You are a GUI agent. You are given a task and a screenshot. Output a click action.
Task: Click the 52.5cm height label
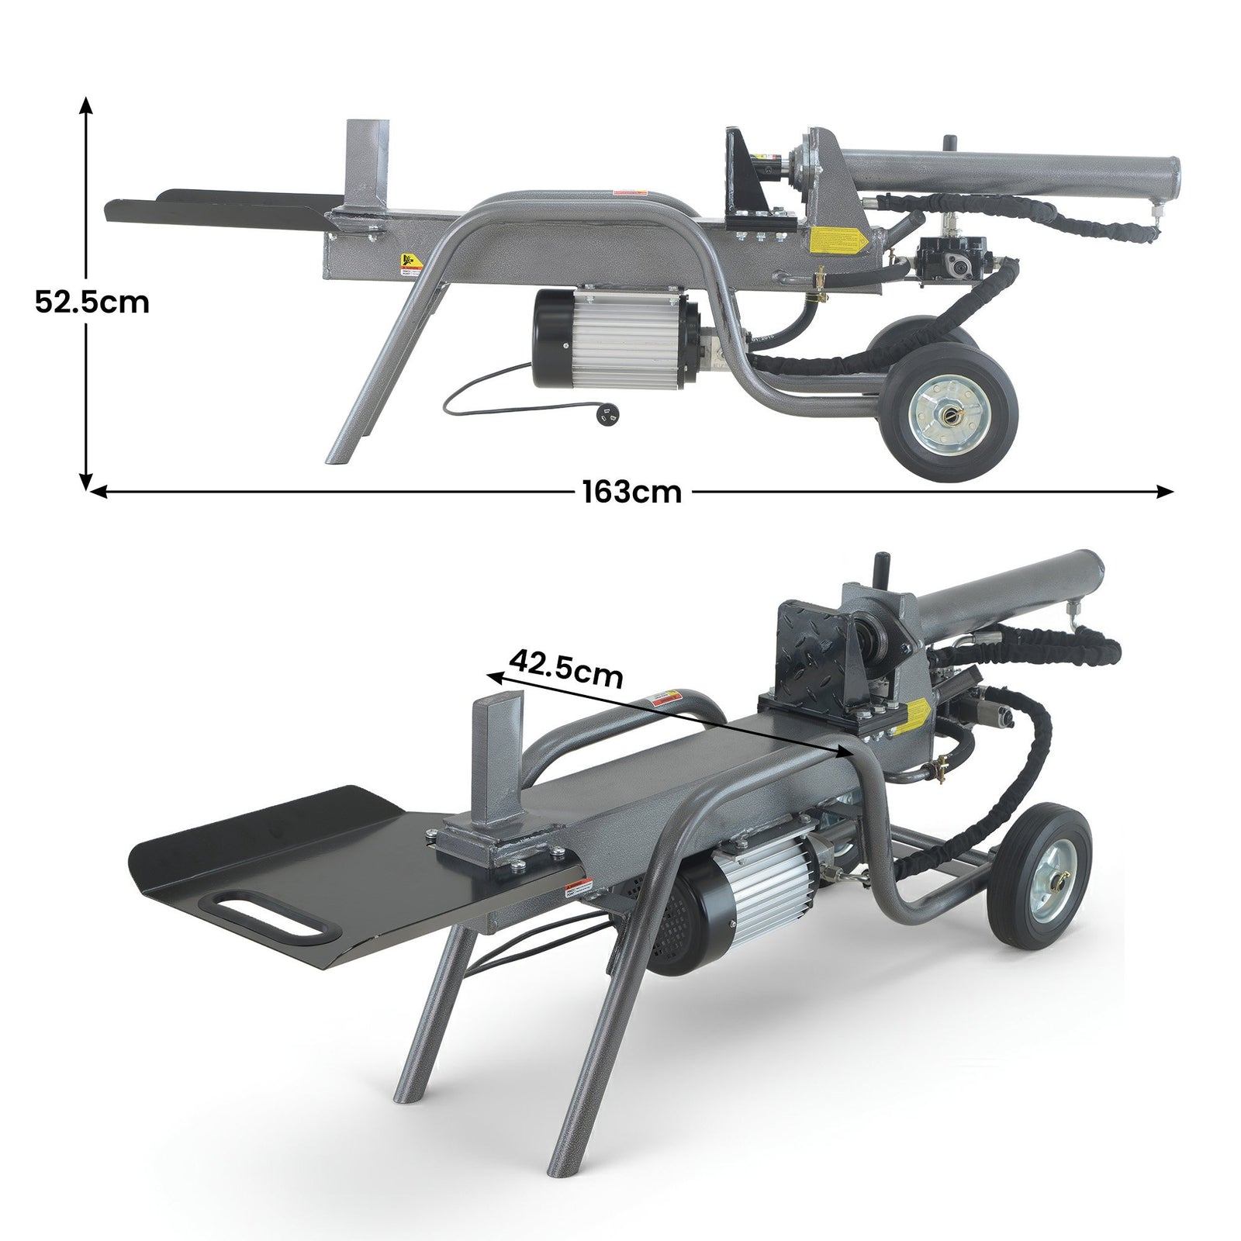click(x=92, y=301)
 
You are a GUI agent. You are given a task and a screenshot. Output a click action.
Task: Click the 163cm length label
click(x=632, y=491)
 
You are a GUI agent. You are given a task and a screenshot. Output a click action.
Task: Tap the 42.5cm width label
click(x=566, y=669)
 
